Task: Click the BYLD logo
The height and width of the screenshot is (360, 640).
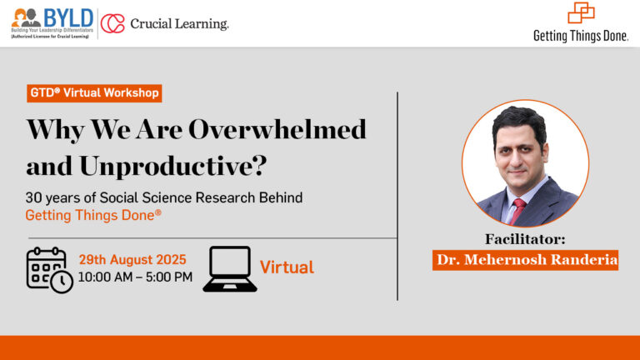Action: coord(52,23)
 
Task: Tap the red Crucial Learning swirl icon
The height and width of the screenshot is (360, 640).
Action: coord(112,23)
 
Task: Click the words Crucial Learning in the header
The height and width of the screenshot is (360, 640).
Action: coord(179,23)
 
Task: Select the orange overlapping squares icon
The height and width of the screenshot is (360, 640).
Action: coord(581,12)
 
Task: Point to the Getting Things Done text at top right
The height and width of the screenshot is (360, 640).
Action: coord(580,36)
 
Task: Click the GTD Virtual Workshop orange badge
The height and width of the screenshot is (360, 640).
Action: coord(94,93)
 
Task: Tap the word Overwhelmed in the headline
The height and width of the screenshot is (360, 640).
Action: coord(277,130)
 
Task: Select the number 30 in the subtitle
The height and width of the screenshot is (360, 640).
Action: coord(33,198)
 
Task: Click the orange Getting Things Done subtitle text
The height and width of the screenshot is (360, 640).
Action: coord(93,215)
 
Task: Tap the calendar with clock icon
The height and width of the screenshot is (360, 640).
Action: coord(49,270)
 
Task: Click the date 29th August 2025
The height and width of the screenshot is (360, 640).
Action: coord(132,260)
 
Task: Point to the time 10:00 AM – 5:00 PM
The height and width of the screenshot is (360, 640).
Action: coord(135,277)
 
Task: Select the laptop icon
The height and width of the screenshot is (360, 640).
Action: coord(230,269)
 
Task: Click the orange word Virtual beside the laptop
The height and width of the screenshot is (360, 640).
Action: coord(287,267)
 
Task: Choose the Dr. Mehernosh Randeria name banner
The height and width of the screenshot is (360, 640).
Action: coord(525,260)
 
